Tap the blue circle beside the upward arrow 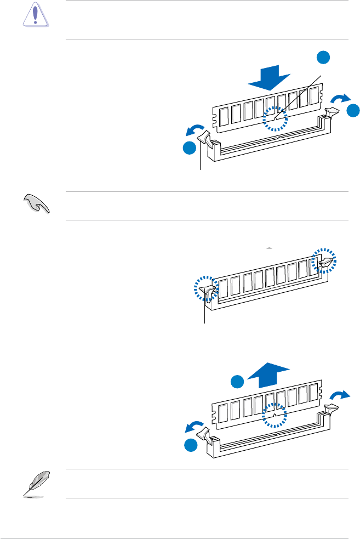pos(237,382)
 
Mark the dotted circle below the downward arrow pos(275,118)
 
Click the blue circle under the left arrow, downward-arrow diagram pos(190,149)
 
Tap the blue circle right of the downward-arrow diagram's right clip pos(353,110)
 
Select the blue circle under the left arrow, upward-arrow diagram pos(190,445)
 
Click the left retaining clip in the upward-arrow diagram pos(207,433)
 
